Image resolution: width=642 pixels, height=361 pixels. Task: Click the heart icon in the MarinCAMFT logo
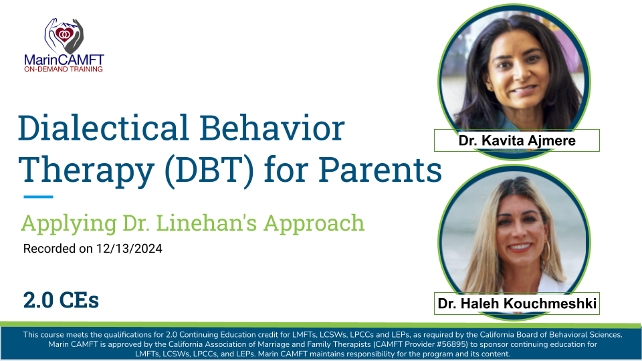click(64, 34)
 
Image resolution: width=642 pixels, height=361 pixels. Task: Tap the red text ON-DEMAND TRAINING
click(64, 69)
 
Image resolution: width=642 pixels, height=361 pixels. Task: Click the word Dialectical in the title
click(104, 128)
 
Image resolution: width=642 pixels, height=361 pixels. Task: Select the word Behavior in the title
click(272, 128)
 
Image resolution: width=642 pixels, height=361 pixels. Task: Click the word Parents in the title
click(381, 169)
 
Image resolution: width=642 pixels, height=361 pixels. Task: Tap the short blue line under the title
click(39, 197)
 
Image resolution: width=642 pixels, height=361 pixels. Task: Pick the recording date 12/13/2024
click(129, 249)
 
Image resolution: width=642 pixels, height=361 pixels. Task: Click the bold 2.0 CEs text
click(61, 300)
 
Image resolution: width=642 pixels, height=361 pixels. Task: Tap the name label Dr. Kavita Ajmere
click(517, 140)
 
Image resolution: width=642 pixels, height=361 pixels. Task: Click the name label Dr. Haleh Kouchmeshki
click(517, 304)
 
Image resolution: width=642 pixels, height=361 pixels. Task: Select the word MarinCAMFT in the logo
click(64, 59)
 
